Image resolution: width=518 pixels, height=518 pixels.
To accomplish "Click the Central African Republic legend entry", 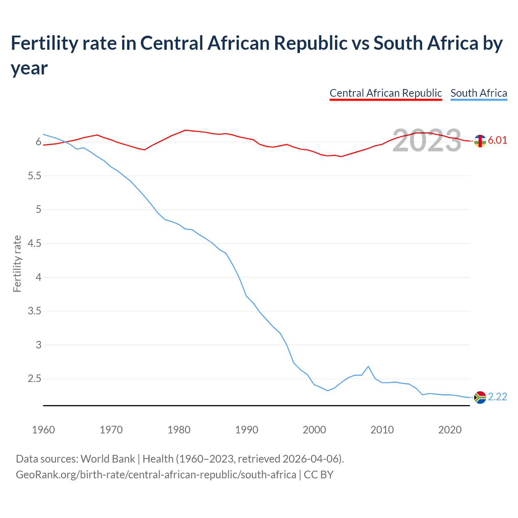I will coord(385,93).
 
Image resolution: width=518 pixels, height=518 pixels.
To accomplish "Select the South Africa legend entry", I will coord(478,93).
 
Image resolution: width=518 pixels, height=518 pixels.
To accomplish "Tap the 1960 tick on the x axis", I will coord(43,430).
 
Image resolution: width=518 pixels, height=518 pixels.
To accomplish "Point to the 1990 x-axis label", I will coord(246,430).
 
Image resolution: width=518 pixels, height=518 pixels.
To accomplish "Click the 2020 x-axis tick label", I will coord(450,430).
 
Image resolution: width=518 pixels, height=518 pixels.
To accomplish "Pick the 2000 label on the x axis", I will coord(314,430).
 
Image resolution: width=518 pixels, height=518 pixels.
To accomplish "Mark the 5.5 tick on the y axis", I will coord(33,176).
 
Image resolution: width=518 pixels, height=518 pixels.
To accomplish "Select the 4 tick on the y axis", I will coord(38,278).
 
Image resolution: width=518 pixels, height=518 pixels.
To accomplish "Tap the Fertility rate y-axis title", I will coord(17,263).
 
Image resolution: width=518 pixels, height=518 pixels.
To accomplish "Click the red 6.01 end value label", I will coord(497,140).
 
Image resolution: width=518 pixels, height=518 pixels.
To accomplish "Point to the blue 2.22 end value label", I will coord(497,397).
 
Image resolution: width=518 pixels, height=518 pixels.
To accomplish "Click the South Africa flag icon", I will coord(480,397).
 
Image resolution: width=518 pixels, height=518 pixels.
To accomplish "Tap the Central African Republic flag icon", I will coord(480,141).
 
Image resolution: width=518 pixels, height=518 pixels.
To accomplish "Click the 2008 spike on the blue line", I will coord(368,366).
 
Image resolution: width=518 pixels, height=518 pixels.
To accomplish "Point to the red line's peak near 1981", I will coord(185,130).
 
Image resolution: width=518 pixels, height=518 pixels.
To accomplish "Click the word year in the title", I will coord(29,68).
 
